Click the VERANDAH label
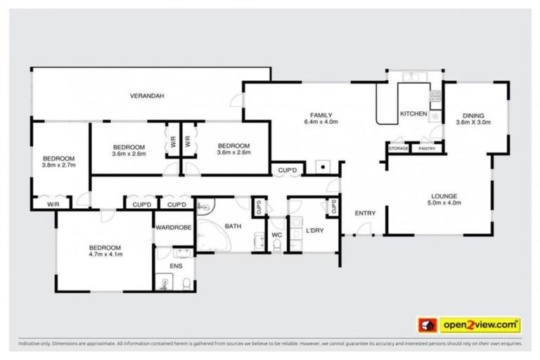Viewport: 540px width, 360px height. pos(147,96)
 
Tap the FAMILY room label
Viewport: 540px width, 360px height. pos(321,115)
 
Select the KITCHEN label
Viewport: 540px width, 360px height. pos(413,114)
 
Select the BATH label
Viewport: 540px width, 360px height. pos(233,226)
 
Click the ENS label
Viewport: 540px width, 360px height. pos(175,266)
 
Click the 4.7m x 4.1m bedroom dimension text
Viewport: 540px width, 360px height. pos(105,255)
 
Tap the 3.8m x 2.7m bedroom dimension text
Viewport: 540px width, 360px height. pos(58,165)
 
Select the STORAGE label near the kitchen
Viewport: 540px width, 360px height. pos(399,148)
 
